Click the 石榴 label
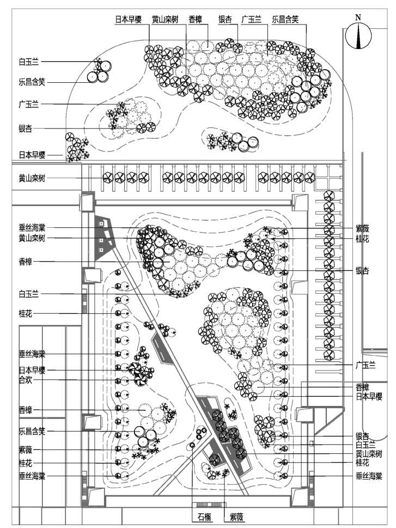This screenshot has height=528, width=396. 204,517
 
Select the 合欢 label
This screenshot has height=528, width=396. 26,380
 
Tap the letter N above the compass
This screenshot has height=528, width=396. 358,17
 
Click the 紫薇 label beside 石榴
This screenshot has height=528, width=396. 236,517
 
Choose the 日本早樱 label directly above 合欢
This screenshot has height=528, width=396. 32,371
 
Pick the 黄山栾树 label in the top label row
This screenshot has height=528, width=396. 165,20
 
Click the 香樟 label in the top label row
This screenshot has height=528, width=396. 196,20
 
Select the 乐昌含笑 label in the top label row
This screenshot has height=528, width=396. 285,20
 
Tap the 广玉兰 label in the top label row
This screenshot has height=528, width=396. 252,20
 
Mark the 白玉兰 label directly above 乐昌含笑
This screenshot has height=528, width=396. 29,62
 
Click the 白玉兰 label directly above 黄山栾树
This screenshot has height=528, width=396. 365,445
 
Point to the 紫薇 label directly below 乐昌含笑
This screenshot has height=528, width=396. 26,450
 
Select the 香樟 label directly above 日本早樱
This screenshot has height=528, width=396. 363,387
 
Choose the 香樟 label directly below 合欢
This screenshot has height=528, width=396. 26,410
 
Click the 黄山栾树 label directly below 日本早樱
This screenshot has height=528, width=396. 32,178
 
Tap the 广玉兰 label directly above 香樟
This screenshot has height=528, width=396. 365,365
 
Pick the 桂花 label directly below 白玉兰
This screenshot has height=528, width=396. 26,314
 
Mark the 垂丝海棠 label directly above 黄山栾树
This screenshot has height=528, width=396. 32,228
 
